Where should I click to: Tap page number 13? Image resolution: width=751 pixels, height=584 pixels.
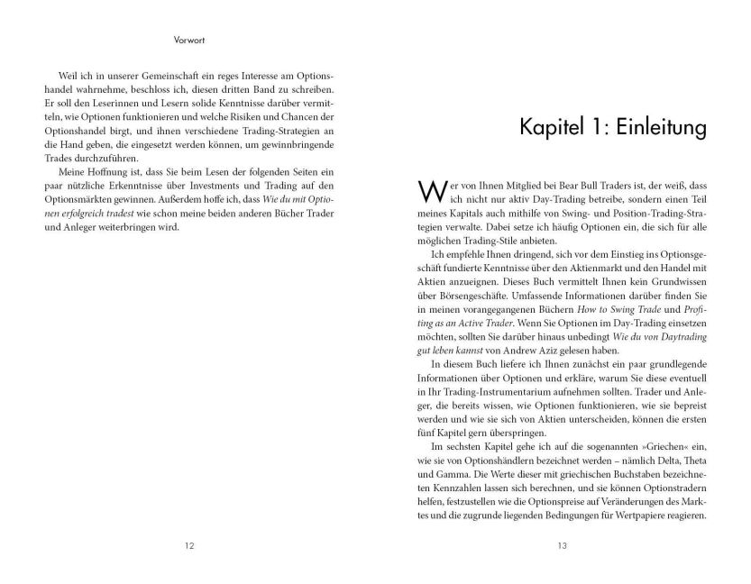click(561, 545)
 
